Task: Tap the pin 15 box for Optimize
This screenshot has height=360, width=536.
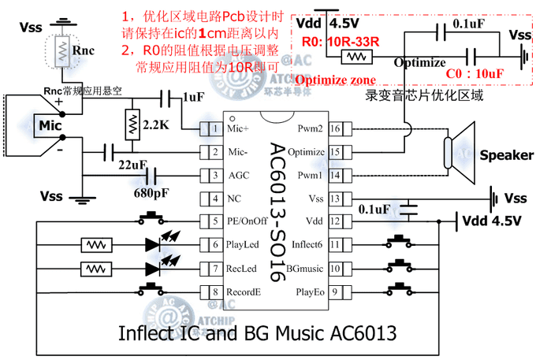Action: pos(334,151)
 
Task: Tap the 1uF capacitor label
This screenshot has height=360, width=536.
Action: pos(193,98)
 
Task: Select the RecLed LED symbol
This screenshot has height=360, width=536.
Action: pos(158,268)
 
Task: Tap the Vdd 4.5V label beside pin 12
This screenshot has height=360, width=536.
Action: pos(491,221)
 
